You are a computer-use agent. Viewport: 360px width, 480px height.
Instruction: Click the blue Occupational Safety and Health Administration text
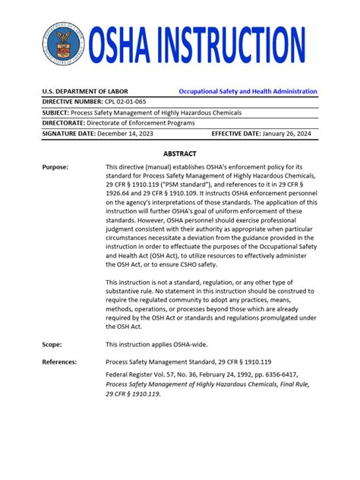(x=248, y=91)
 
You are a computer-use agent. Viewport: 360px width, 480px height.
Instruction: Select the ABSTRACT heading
(x=180, y=153)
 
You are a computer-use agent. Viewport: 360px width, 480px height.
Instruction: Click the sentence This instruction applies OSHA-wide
(x=159, y=344)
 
